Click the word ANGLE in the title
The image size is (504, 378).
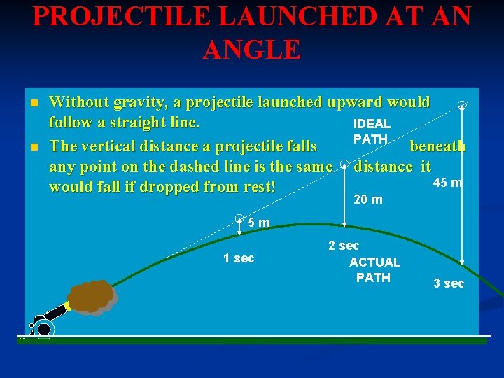[x=252, y=50]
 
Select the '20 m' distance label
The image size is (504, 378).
[x=368, y=200]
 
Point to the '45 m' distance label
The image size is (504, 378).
[x=447, y=183]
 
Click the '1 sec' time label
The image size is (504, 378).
[x=239, y=258]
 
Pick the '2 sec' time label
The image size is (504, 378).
[x=344, y=246]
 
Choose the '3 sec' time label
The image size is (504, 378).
[x=448, y=283]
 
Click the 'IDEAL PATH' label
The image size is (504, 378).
[x=372, y=132]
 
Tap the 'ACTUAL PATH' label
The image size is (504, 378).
[x=374, y=270]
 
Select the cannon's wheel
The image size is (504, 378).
[x=44, y=328]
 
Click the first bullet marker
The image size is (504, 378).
[x=33, y=104]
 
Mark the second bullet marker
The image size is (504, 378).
[x=33, y=147]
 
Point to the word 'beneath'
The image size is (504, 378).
[x=437, y=146]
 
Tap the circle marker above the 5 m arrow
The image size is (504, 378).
[x=239, y=218]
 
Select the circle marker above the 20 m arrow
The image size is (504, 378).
[x=344, y=165]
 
